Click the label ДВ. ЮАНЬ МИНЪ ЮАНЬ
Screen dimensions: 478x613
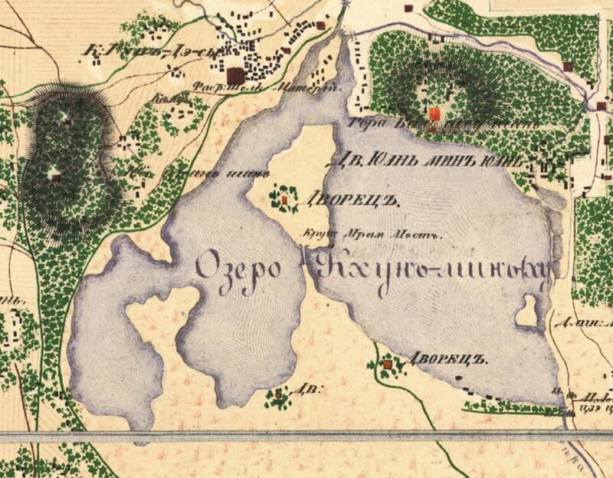[x=428, y=162]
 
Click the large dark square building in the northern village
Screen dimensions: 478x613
[x=235, y=74]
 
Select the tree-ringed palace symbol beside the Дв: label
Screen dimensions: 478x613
[x=277, y=396]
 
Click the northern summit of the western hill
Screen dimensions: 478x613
[x=64, y=118]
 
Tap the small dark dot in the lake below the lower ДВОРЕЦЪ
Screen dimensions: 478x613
[x=457, y=378]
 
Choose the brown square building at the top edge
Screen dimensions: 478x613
[x=408, y=8]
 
